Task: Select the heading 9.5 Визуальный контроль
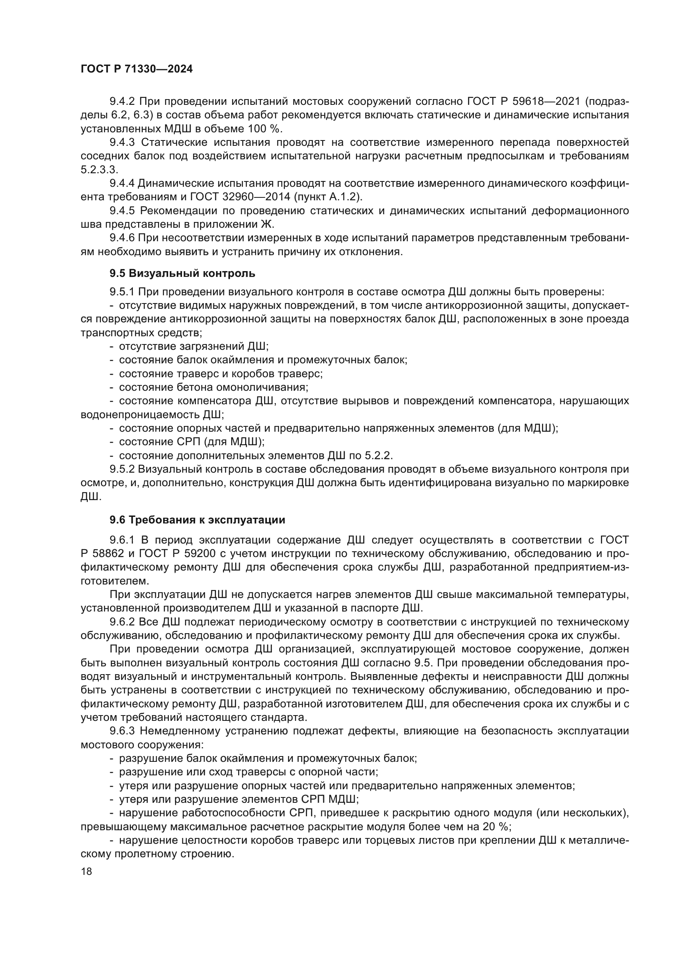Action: click(182, 273)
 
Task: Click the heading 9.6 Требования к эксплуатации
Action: click(197, 520)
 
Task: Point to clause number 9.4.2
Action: click(122, 102)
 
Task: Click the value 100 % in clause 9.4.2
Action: click(265, 129)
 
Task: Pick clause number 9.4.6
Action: click(122, 238)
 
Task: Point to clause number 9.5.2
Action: click(122, 469)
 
